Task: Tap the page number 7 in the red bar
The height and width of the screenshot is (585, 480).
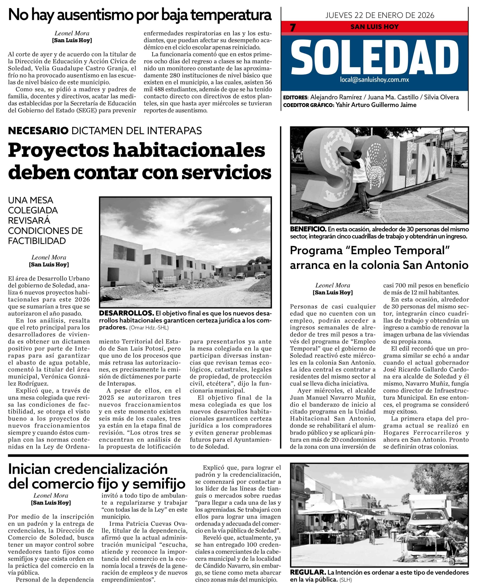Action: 293,28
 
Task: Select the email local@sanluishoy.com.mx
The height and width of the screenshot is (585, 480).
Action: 375,80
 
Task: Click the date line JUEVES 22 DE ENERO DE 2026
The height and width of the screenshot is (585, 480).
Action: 380,15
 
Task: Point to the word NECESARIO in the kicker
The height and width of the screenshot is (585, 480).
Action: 38,131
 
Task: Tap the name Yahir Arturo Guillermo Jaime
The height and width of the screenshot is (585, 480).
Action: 376,105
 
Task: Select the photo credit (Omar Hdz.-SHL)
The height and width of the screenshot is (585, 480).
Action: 148,328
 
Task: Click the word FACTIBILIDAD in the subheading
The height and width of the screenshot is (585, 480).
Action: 37,241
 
